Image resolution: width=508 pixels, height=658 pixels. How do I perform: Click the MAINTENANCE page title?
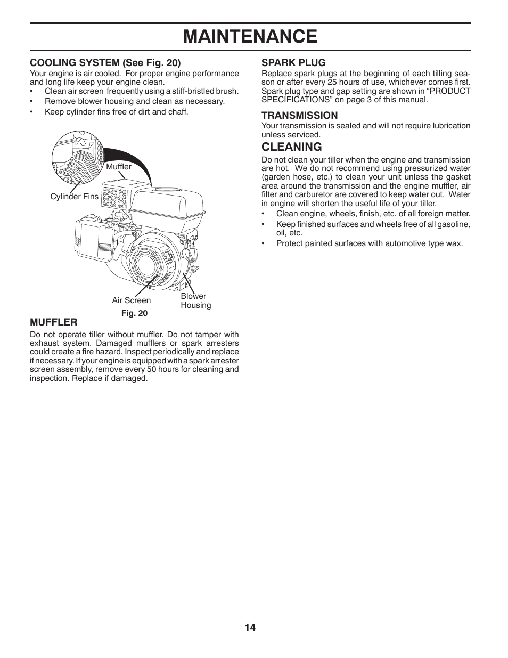click(250, 36)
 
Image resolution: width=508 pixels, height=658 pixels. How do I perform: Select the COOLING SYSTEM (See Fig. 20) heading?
click(105, 62)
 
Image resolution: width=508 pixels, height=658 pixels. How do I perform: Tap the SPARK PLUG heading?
click(293, 62)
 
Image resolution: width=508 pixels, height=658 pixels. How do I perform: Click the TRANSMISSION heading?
click(299, 115)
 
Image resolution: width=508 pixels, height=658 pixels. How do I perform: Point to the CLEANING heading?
click(291, 147)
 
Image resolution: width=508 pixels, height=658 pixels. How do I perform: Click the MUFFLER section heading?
click(53, 322)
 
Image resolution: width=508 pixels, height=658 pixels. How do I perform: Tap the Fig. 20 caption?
click(134, 313)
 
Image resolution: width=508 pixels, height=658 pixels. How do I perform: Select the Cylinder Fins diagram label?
click(74, 197)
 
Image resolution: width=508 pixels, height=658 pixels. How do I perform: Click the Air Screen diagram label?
click(131, 300)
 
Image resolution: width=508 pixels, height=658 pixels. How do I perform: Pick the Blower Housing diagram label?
click(195, 300)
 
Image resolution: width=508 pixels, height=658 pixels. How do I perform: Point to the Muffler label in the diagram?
click(118, 167)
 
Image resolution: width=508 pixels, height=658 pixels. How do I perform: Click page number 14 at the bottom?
click(250, 628)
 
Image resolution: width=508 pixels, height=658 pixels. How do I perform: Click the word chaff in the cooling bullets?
click(177, 112)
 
